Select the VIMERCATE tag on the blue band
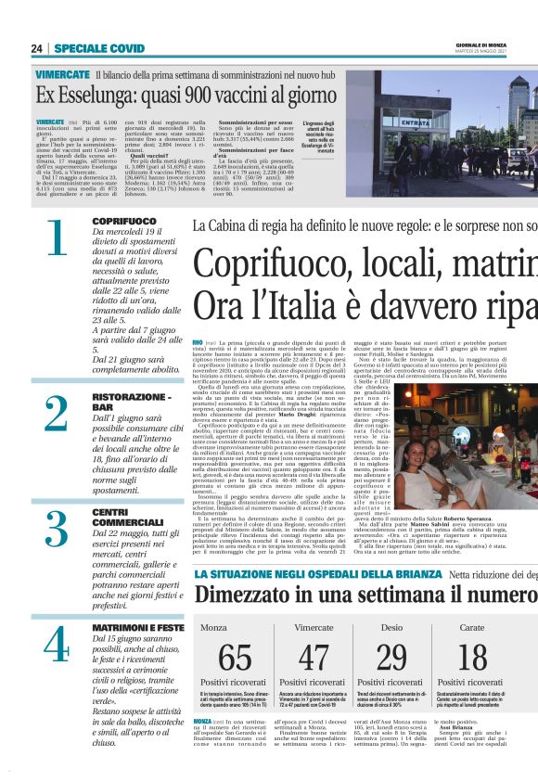coord(62,73)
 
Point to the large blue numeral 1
coord(57,238)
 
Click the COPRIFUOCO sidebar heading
coord(124,221)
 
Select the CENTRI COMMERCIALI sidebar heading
coord(118,518)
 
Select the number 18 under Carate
coord(472,658)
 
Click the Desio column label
coord(391,628)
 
